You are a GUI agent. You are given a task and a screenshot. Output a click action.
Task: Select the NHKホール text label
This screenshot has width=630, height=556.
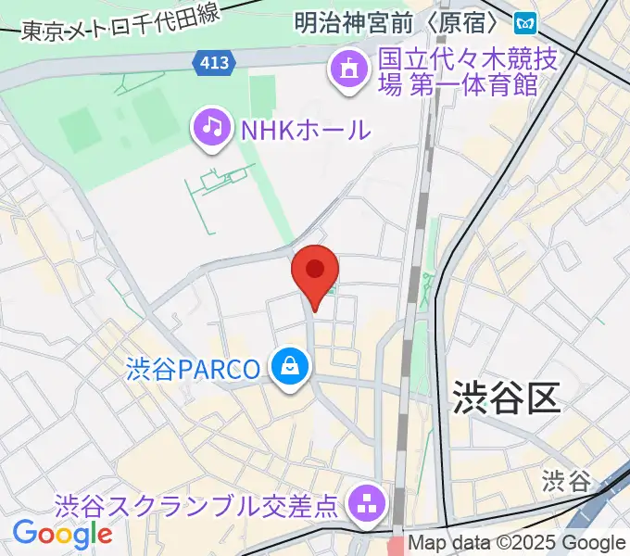coord(305,130)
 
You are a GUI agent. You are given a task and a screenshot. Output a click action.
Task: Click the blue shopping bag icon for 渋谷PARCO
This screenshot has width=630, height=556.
coord(290,369)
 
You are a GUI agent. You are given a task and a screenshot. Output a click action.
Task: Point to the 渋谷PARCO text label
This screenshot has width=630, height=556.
coord(194,369)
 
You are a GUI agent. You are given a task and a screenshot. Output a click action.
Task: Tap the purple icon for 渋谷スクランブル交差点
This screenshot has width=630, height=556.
coord(367,505)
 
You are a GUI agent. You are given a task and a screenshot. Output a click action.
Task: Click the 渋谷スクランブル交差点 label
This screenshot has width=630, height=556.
coord(196,506)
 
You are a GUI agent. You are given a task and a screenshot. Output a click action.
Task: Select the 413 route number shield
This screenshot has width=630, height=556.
coord(216,62)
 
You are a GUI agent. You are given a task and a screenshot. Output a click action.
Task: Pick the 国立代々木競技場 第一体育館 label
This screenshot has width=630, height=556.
coord(469,73)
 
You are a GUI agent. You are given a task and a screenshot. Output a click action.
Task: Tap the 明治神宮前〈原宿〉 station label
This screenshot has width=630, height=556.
coord(400,20)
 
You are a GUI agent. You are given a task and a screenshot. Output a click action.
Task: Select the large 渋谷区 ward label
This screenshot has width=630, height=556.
coord(507,398)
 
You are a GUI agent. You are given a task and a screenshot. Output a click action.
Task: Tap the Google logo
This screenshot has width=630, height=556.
coord(62,535)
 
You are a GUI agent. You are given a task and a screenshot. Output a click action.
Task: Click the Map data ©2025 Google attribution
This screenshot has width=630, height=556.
coord(517,543)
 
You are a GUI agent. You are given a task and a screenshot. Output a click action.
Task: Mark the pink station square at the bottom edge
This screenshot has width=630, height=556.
coord(396,547)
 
